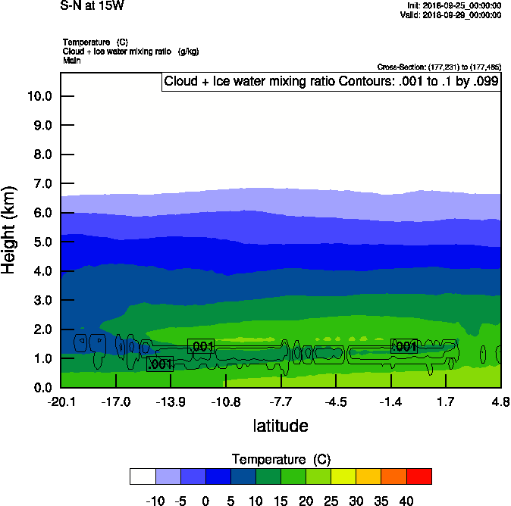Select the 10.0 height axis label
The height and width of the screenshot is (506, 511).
click(x=39, y=96)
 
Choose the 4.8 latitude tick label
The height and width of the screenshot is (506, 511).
click(x=500, y=401)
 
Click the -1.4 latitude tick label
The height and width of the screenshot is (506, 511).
click(x=390, y=401)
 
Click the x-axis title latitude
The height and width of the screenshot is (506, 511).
click(x=281, y=426)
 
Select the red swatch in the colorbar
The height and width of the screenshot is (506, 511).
click(x=419, y=476)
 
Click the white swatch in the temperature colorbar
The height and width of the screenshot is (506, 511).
click(x=143, y=476)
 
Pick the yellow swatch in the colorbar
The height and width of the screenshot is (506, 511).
click(x=344, y=476)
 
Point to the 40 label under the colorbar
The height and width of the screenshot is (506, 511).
click(x=406, y=500)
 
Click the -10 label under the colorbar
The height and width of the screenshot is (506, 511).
click(x=155, y=500)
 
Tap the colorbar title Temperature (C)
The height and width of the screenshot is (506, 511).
click(x=281, y=460)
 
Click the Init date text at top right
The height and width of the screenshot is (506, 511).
click(x=454, y=5)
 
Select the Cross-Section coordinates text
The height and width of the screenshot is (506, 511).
click(x=439, y=67)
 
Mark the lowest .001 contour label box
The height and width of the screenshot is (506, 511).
click(x=160, y=364)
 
